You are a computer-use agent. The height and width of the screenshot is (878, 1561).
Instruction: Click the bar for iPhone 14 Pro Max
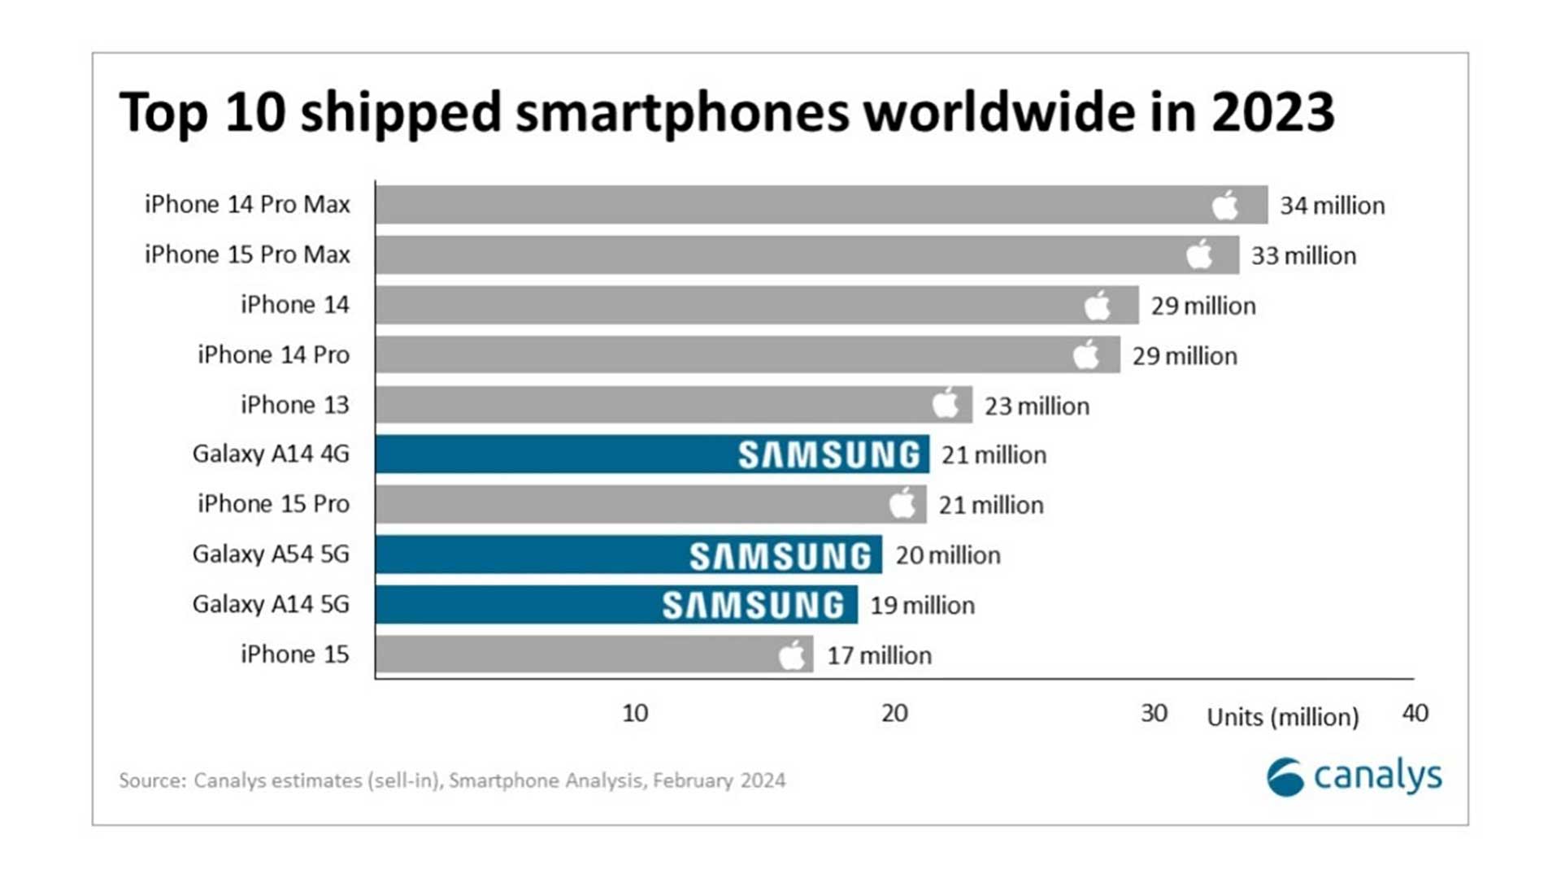pos(821,204)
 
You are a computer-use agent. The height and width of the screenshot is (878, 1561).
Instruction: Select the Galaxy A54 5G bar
pos(628,554)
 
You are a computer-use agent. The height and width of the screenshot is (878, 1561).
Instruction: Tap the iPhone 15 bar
pos(594,654)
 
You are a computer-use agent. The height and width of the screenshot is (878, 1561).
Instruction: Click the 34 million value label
pos(1332,206)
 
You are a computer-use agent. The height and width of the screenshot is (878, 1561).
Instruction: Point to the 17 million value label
pos(879,655)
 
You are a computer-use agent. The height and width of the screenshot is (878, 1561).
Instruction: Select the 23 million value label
pos(1037,406)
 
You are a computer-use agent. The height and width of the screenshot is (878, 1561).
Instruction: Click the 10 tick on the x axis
pos(635,713)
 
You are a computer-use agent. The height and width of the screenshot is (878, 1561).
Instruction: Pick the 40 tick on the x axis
pos(1415,713)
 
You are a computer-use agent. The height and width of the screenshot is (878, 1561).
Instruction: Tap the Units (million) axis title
pos(1282,717)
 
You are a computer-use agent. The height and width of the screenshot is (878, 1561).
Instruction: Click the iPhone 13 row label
pos(294,405)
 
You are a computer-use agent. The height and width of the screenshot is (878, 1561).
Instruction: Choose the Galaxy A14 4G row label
pos(271,454)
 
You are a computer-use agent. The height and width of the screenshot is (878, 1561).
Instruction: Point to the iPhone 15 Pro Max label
pos(247,254)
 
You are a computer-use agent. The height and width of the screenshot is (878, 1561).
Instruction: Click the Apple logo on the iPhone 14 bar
pos(1097,305)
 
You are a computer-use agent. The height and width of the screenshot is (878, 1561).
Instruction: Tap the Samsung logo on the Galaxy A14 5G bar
pos(754,606)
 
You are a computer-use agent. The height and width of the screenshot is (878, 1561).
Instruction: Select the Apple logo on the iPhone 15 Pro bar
pos(902,503)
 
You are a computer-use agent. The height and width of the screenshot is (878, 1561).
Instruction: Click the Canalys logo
pos(1354,776)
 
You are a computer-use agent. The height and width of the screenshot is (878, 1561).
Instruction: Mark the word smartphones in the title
pos(682,112)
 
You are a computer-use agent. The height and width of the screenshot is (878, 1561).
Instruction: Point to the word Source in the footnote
pos(151,780)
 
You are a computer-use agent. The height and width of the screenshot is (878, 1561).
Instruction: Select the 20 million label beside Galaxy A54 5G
pos(948,555)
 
